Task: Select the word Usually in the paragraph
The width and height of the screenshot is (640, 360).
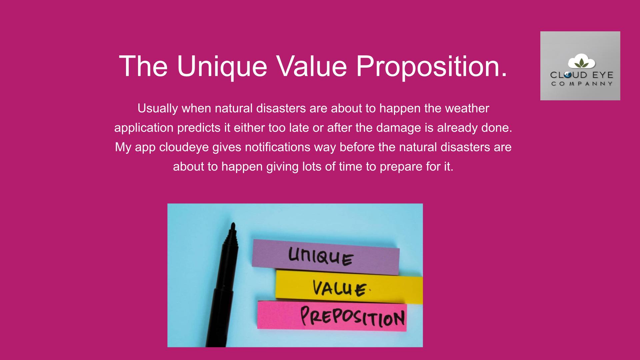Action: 158,109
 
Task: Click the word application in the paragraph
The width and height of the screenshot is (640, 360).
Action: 144,128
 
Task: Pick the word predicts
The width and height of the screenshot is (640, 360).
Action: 199,128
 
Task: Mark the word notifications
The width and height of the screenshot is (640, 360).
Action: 278,147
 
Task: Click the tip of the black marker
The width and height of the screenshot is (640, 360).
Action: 233,224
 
